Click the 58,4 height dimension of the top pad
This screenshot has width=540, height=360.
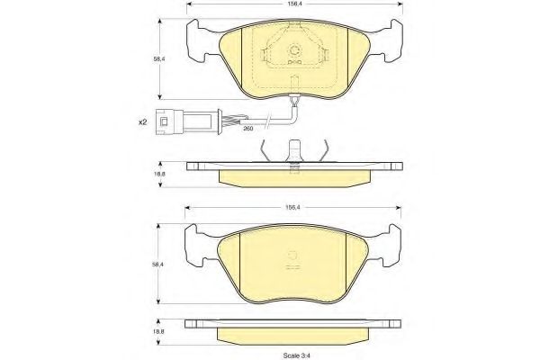[x=159, y=58]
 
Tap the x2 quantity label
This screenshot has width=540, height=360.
[x=142, y=122]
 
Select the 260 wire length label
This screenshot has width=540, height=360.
[x=248, y=129]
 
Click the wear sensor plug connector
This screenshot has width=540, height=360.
[x=187, y=121]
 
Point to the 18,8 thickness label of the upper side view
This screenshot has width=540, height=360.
[x=159, y=174]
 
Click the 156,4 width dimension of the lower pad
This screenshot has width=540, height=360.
[x=293, y=207]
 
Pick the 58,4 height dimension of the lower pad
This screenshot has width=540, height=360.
[x=158, y=265]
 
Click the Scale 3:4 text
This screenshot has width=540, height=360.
[x=294, y=355]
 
